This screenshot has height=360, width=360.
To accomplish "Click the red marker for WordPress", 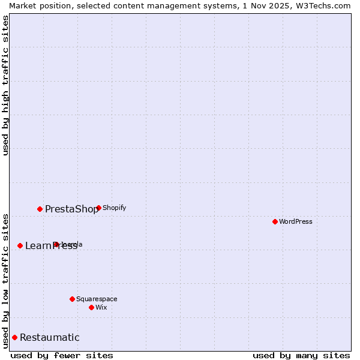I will pos(275,221).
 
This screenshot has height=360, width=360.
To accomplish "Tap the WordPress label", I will pos(296,221).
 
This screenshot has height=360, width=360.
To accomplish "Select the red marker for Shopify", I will pos(98,208).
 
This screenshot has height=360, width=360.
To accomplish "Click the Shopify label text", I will pos(115,208).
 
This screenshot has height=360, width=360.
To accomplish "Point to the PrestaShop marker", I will pos(40,209).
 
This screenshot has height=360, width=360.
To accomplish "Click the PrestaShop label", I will pos(71,209).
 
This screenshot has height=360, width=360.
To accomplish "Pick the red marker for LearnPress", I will pos(20,245).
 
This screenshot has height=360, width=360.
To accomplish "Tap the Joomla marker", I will pos(56,244).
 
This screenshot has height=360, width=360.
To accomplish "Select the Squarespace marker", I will pos(72,299).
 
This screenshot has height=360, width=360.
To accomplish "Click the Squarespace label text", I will pos(97,299).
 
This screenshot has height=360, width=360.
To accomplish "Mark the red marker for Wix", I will pos(91,307).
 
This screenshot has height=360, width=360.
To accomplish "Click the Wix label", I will pos(101,307).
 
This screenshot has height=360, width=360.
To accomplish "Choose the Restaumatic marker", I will pos(14,337).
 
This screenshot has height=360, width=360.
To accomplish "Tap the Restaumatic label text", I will pos(49,337).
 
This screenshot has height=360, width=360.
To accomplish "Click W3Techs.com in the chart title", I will pos(322,5).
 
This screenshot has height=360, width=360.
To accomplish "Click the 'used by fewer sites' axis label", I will pos(62,355).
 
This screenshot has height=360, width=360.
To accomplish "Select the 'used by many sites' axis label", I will pos(301,355).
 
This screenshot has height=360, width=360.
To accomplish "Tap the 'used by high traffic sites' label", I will pos(5,85).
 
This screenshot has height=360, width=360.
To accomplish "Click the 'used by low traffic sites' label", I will pos(5,280).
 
